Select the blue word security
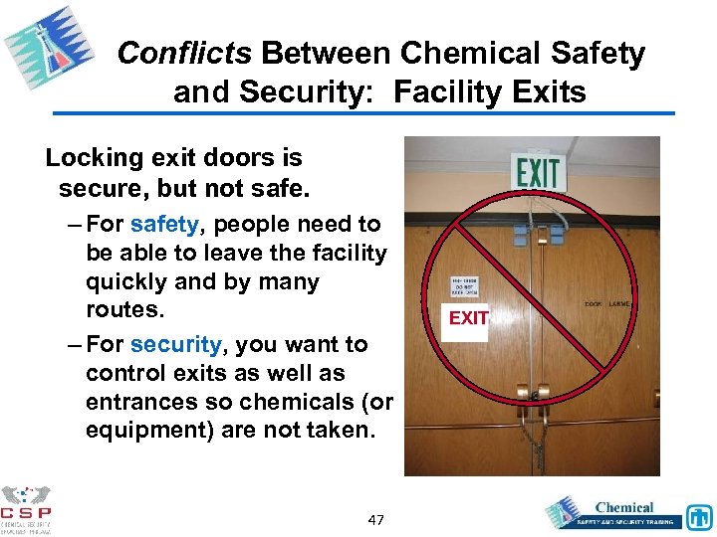tap(175, 344)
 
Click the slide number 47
tap(376, 520)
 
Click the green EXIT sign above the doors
tap(538, 170)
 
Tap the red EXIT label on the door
tap(468, 318)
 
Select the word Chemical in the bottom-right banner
tap(624, 508)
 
